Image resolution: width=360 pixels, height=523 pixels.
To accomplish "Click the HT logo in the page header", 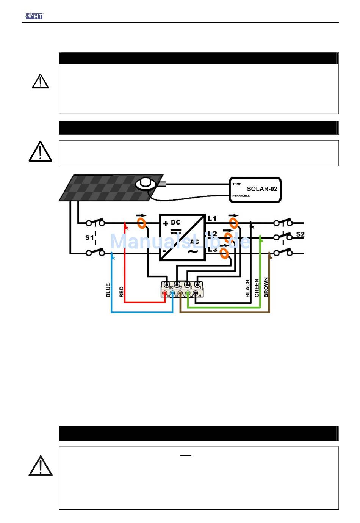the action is coord(34,16).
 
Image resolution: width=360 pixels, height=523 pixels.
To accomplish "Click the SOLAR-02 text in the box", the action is coord(262,189).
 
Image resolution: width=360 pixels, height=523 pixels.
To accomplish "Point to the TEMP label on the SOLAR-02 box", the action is coord(237,184).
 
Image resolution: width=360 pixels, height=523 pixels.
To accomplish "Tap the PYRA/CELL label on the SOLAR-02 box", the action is coord(241,196).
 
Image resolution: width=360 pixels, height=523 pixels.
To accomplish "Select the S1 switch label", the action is coord(89,237).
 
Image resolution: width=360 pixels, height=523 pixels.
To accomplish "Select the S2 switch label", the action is coord(300,234).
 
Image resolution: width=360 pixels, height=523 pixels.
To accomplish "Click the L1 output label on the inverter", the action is coord(212,218).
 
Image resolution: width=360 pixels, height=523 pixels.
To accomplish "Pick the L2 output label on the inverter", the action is coord(213,234).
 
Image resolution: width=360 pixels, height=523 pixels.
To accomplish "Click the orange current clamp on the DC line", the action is coord(141,222).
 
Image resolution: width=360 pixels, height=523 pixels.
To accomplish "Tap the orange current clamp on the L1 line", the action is coord(234,221).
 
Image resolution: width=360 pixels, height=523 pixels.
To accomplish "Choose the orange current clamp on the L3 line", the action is coord(224,253).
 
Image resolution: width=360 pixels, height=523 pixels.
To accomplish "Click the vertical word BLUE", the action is coord(108,290).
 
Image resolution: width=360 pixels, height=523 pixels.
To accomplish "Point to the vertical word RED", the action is coord(121,292).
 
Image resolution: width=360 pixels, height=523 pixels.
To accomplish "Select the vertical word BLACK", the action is coord(247,288).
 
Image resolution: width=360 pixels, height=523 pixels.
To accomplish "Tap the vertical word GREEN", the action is coord(257,288).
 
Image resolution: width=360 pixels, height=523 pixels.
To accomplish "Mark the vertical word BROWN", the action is coord(266,287).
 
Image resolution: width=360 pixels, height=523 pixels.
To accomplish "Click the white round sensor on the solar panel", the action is coord(145,184).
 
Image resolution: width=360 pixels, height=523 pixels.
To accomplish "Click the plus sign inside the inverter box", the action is coord(166,223).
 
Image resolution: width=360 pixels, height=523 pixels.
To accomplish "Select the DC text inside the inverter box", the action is coord(175,222).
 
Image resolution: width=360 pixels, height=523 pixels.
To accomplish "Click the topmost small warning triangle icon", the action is coord(40,81).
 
